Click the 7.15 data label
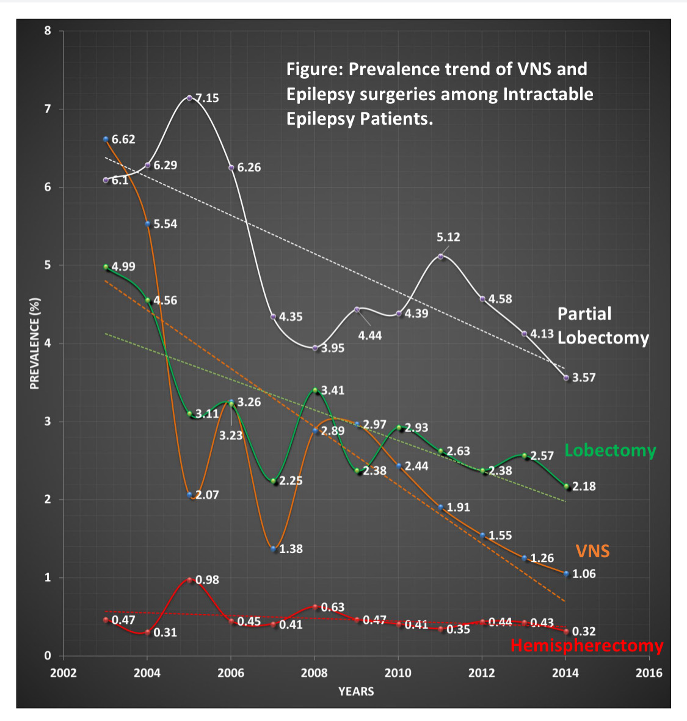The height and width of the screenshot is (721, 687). coord(206,98)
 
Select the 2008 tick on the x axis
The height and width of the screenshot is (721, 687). coord(314,673)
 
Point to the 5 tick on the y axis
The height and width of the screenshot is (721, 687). coord(48,265)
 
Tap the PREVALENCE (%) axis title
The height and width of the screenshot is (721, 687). coord(35,343)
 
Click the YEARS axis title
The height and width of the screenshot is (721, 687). coord(356,691)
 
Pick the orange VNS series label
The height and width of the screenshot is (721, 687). coord(592,551)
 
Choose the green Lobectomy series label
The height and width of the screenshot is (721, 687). coord(609,450)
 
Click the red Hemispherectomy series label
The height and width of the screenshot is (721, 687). coord(586,646)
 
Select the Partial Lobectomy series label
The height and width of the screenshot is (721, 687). coord(602,326)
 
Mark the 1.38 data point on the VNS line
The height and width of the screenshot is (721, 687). coord(273,549)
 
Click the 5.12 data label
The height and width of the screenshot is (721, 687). coord(448,237)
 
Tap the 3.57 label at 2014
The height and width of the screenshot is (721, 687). coord(583,378)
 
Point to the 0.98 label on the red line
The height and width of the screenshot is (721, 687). coord(207,580)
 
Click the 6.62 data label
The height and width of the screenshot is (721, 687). coord(123,139)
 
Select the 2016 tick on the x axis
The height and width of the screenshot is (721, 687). coord(649,673)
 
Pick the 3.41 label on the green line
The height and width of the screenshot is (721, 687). coord(333,390)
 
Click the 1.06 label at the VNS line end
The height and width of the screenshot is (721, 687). coord(583,574)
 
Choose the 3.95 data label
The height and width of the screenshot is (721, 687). coord(333,348)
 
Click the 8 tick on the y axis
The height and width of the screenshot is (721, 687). coord(48,31)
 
